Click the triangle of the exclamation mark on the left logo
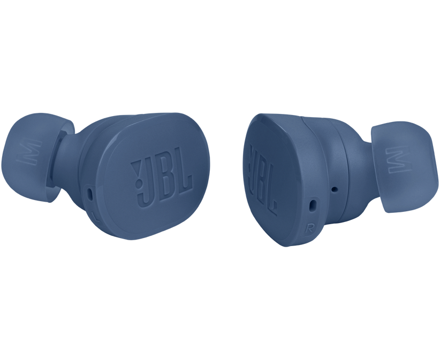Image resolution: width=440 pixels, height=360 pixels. (136, 169)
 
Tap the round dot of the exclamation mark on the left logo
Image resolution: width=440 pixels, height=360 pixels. (138, 184)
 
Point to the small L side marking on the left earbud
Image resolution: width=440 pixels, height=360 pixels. (95, 217)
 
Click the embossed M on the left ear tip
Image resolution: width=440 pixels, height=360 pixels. (30, 152)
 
